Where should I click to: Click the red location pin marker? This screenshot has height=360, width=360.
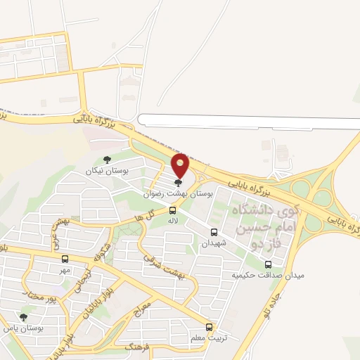point(181,165)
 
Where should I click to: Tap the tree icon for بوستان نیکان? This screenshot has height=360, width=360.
point(106,160)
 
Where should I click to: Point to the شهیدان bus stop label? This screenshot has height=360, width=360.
point(215,243)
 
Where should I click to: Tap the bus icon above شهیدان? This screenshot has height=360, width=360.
point(214,231)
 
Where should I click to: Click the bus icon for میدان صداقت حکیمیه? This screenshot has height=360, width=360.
point(267,264)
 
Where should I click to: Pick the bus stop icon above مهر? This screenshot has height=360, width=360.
point(65,258)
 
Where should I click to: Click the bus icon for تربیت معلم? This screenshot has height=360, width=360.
point(209,326)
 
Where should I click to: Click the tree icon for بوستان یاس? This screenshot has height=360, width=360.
point(24,317)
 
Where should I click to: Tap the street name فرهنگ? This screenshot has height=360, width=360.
point(139,347)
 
